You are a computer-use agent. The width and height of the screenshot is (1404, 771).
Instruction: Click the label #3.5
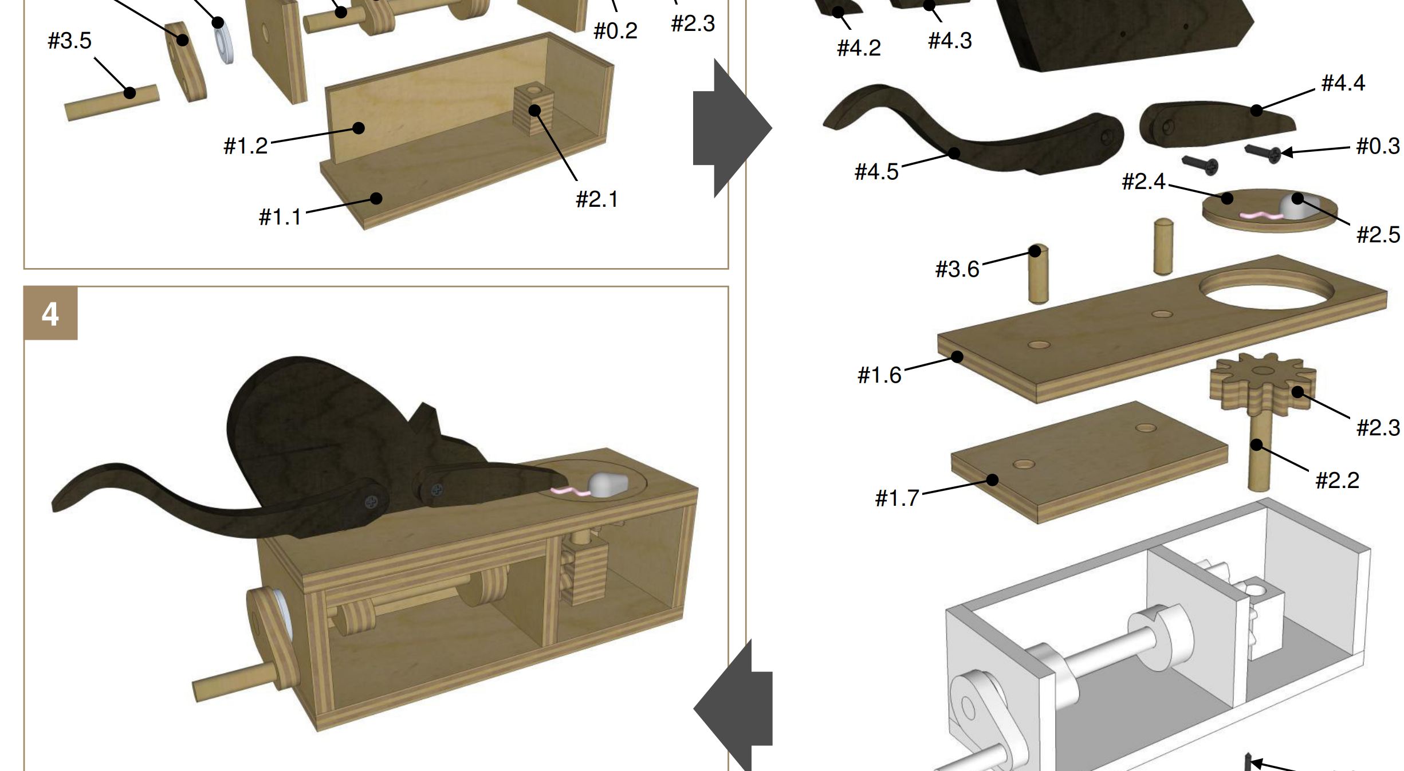click(69, 41)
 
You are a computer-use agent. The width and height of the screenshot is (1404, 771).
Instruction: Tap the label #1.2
click(246, 146)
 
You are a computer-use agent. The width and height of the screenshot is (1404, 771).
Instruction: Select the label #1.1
click(280, 217)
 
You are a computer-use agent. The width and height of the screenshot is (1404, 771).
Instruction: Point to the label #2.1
click(597, 199)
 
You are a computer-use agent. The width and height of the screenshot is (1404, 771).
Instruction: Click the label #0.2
click(615, 31)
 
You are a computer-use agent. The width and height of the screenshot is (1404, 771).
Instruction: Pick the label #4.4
click(1343, 83)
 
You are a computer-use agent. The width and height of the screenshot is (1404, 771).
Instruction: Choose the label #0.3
click(1378, 146)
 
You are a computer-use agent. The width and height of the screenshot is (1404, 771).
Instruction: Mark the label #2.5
click(1378, 234)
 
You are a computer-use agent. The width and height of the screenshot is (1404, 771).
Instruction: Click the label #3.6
click(957, 269)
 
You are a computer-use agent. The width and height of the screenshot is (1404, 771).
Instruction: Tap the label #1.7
click(897, 498)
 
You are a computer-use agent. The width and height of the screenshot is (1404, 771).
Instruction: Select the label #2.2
click(1337, 480)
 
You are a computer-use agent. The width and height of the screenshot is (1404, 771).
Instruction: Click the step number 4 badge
click(50, 313)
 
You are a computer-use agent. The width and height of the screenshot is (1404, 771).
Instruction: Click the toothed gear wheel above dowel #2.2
click(1263, 381)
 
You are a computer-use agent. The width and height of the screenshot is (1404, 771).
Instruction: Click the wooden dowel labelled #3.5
click(112, 103)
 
